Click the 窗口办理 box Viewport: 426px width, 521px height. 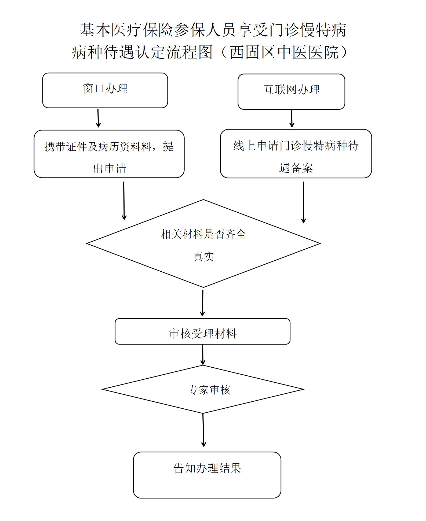click(x=105, y=90)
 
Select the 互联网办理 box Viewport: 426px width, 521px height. click(x=291, y=91)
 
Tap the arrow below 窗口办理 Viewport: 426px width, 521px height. click(x=98, y=118)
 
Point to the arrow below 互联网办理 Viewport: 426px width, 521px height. click(x=292, y=119)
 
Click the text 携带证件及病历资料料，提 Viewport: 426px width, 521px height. click(x=109, y=147)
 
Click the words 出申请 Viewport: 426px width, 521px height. click(x=109, y=168)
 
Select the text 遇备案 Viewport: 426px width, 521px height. click(x=296, y=168)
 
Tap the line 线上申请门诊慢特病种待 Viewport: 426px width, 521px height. click(x=296, y=146)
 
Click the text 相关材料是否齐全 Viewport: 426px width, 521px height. click(x=203, y=234)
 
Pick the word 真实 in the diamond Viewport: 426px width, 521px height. click(x=203, y=256)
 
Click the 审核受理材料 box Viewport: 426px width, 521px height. click(x=202, y=332)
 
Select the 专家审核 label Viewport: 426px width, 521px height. click(x=209, y=390)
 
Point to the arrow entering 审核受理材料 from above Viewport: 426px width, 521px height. click(x=203, y=303)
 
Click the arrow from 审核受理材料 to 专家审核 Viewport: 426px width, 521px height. click(x=203, y=354)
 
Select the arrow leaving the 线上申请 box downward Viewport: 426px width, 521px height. click(x=303, y=202)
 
